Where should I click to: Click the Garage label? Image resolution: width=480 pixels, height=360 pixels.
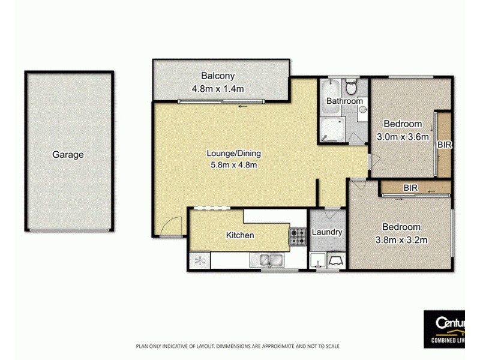point(68,155)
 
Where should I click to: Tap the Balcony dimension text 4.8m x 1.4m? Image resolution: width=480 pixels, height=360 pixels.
point(218,89)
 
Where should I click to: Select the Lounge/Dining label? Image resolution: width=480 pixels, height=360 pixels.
point(235,153)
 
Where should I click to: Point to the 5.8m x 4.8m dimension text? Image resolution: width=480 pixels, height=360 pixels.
point(235,164)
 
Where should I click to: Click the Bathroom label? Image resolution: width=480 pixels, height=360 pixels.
point(344,101)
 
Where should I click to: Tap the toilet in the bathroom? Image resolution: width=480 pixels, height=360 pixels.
point(353,87)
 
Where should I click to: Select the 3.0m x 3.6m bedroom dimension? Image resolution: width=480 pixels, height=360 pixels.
point(403,136)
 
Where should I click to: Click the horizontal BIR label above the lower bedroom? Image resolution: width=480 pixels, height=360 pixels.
point(410,188)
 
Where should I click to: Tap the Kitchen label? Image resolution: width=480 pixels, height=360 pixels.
point(239,235)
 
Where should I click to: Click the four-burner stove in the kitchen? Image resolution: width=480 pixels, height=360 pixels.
point(298,238)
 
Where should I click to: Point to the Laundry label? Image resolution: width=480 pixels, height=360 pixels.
point(328,232)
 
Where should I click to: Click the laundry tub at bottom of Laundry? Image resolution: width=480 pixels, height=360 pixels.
point(335,260)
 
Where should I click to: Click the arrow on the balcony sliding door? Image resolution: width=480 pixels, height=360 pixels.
point(243,106)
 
